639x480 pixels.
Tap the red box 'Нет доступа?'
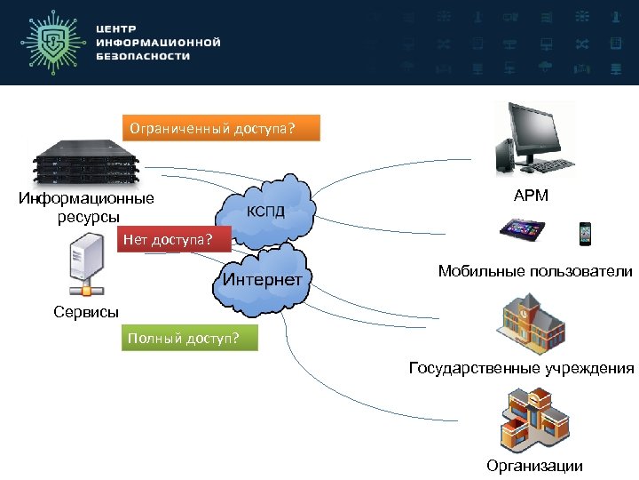point(173,239)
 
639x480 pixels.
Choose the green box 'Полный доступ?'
point(189,339)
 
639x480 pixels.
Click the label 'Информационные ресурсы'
point(86,207)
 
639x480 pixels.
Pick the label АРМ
point(531,195)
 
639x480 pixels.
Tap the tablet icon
point(525,233)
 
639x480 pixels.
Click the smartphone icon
point(585,232)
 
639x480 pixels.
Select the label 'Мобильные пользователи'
point(535,271)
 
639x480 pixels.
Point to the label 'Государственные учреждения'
point(522,368)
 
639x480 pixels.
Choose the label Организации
point(534,466)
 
